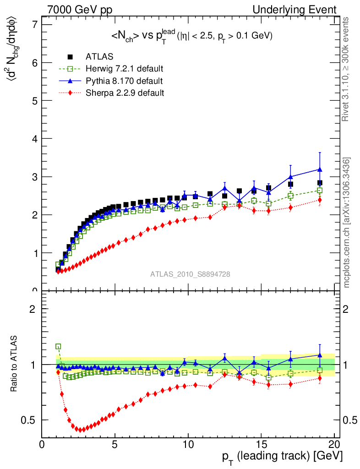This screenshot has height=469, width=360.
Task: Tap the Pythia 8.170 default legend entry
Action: (x=124, y=81)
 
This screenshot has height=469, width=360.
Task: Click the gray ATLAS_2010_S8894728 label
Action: (x=190, y=274)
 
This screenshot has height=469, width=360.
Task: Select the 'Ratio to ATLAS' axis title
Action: (x=15, y=364)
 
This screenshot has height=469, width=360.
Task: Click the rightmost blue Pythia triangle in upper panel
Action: (x=320, y=169)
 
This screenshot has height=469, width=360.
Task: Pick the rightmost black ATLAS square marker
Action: (x=320, y=183)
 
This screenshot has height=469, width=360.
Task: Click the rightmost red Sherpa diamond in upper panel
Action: (x=320, y=200)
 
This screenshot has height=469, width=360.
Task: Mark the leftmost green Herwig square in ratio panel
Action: (x=58, y=347)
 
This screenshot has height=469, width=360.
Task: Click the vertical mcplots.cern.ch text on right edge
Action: (x=347, y=223)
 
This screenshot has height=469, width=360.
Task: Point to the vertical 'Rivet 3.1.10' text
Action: (x=346, y=69)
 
